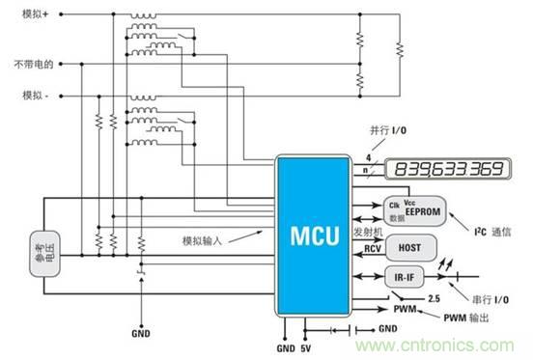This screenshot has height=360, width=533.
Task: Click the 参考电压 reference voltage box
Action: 42,255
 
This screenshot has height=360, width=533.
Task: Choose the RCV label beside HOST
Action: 375,249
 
